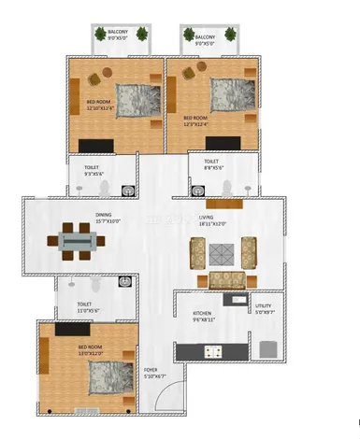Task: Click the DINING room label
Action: click(103, 215)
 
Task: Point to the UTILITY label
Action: click(265, 306)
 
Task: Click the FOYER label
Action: click(150, 370)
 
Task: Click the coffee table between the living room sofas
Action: click(222, 251)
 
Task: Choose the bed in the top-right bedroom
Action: click(233, 93)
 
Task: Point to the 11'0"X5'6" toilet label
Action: click(84, 304)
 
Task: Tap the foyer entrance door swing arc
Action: click(165, 401)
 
